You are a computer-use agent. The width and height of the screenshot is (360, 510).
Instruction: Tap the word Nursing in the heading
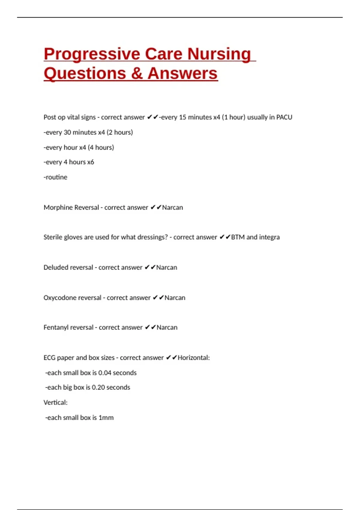[219, 54]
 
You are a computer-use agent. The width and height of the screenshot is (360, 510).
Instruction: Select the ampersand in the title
[136, 73]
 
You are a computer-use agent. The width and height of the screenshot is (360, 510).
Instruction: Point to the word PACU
[284, 117]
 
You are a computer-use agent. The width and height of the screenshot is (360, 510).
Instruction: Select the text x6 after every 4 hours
[90, 162]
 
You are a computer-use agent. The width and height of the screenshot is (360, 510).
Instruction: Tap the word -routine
[55, 177]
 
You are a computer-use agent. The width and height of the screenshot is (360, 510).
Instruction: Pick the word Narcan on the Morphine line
[172, 208]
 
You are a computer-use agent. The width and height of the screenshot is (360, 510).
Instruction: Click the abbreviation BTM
[238, 237]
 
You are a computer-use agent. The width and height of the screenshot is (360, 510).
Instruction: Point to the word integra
[269, 237]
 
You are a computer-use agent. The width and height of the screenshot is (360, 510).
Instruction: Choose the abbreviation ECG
[49, 358]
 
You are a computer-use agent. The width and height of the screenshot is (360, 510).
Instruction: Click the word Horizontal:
[194, 358]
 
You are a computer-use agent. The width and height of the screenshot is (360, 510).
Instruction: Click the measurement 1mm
[106, 418]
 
